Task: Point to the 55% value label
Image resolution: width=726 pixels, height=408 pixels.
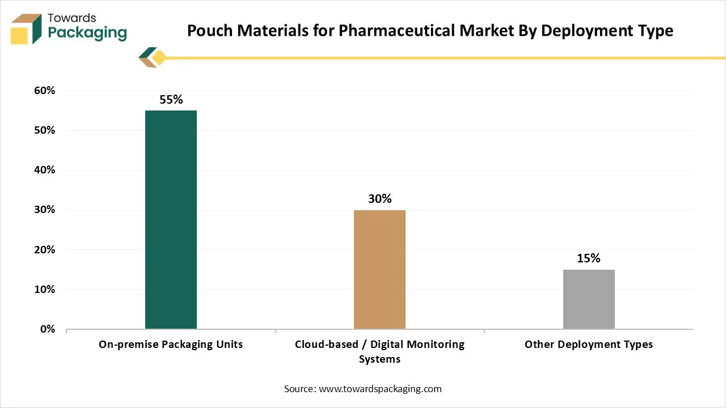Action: click(171, 100)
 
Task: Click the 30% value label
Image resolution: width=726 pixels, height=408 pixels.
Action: click(379, 199)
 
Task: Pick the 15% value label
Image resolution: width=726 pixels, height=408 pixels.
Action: click(589, 258)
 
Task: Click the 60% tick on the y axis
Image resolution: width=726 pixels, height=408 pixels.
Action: click(44, 91)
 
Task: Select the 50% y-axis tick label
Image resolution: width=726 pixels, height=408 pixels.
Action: click(44, 130)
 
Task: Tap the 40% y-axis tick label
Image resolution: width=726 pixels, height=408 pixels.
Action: click(44, 170)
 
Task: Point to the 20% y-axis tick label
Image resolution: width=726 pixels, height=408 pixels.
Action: click(44, 249)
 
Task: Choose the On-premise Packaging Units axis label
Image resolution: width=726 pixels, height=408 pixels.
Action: click(171, 344)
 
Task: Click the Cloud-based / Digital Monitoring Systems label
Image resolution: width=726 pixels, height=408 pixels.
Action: click(379, 351)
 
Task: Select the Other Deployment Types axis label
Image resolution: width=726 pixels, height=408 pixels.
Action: click(589, 344)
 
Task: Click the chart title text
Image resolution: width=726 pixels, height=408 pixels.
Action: click(430, 31)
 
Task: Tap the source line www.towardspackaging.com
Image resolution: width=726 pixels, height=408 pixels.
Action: click(363, 389)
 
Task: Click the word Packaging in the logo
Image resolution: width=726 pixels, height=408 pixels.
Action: click(87, 32)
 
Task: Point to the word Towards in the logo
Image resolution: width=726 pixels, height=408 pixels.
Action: click(72, 18)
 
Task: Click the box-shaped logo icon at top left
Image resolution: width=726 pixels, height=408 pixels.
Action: click(26, 28)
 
